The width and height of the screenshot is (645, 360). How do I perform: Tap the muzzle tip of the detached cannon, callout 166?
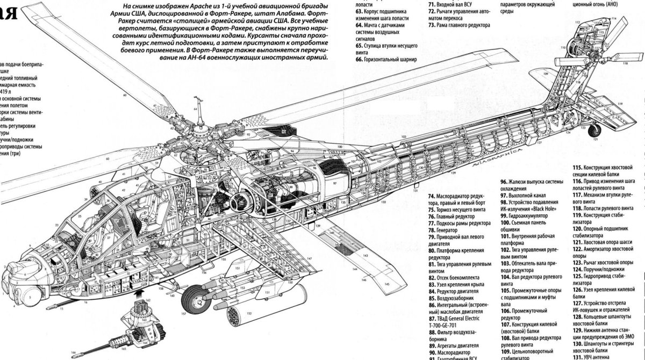pos(77,354)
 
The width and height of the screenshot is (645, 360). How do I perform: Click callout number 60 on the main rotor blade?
pos(124,95)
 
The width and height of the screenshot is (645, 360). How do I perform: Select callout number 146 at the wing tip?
pos(364,279)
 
